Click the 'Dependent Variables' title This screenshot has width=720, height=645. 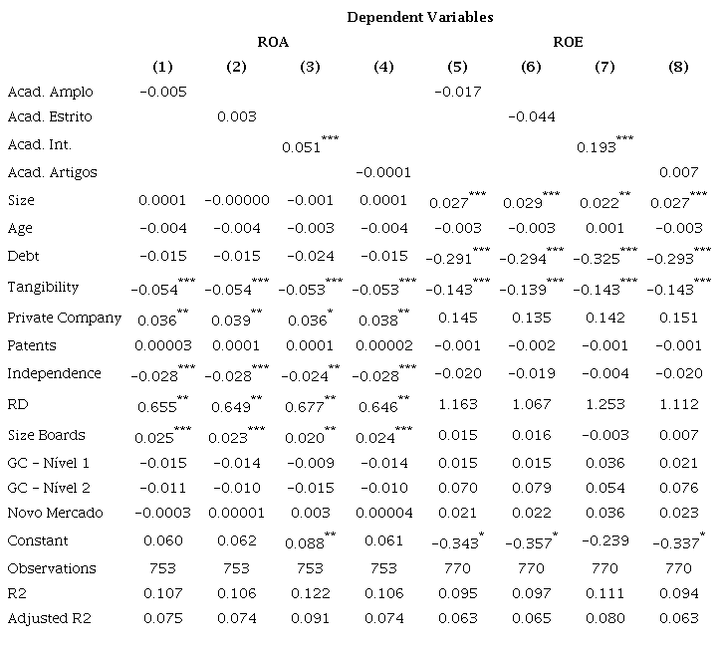(x=419, y=17)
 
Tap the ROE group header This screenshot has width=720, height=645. (x=568, y=42)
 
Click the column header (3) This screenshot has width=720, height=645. (x=310, y=68)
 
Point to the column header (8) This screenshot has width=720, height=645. (x=678, y=68)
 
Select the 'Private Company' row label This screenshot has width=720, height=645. (x=64, y=318)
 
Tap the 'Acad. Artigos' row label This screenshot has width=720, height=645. (x=52, y=172)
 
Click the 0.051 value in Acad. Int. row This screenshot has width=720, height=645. (x=302, y=147)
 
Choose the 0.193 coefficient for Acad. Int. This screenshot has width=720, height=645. (x=597, y=147)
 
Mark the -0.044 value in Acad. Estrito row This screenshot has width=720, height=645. (x=531, y=116)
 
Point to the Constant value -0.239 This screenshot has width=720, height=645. (x=604, y=540)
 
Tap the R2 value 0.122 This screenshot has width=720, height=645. (x=310, y=595)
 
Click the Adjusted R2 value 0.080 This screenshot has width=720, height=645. (x=604, y=618)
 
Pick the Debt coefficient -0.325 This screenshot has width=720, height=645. (x=597, y=257)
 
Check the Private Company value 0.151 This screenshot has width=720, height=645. (x=678, y=319)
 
